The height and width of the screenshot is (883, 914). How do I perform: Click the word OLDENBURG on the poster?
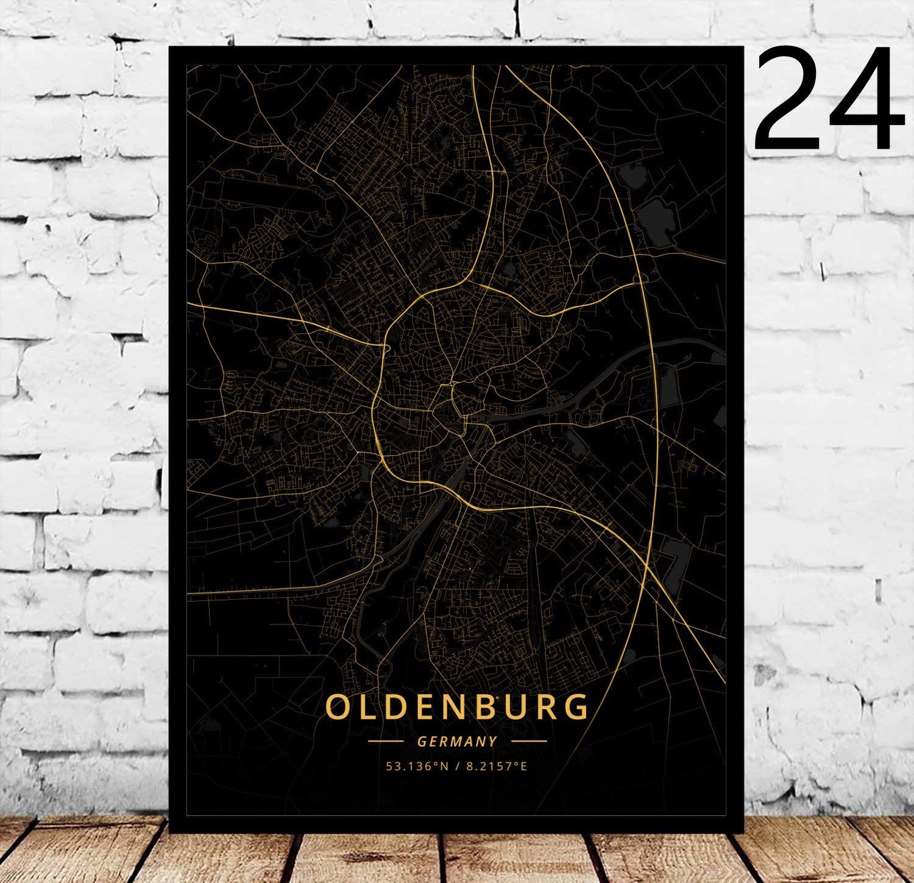coord(457,707)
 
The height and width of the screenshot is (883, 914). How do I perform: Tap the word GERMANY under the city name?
coord(457,742)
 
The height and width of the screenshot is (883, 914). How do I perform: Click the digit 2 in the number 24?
coord(790,101)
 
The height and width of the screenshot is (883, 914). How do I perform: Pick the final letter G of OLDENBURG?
coord(576,707)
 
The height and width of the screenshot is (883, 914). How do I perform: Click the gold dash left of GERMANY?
coord(386,742)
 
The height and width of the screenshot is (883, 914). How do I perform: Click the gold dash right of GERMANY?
coord(529,742)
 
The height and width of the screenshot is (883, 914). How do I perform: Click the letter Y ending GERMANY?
coord(493,742)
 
